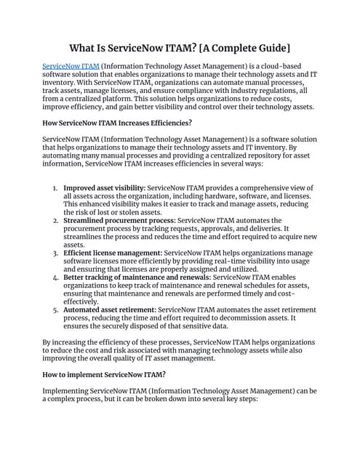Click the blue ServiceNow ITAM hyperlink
[x=71, y=66]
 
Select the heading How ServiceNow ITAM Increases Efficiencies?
[x=117, y=122]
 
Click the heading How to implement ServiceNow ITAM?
[x=104, y=374]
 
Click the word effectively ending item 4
[x=81, y=301]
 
